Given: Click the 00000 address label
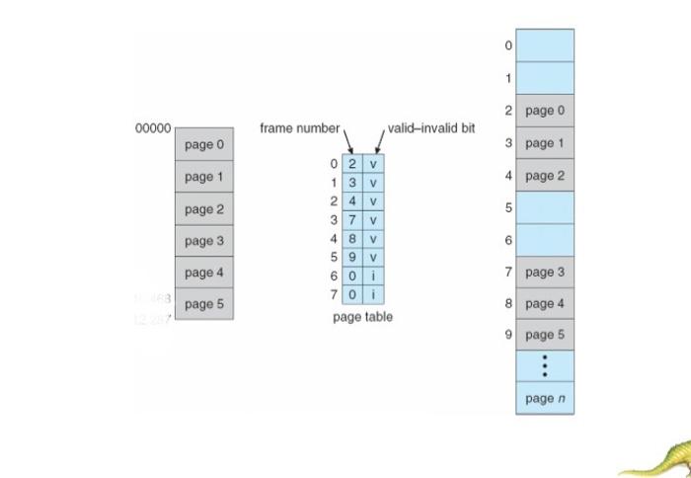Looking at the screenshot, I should (x=153, y=128).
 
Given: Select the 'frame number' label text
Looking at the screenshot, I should (x=299, y=128).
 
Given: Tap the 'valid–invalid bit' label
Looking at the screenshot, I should (x=431, y=128).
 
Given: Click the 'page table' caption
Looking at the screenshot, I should (x=362, y=317).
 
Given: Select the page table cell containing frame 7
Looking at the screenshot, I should (x=352, y=220).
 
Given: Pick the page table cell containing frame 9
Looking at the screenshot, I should (x=352, y=258).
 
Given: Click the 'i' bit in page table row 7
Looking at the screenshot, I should (x=374, y=295).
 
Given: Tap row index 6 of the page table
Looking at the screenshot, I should (x=334, y=277).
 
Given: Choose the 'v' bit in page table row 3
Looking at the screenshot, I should (x=374, y=220).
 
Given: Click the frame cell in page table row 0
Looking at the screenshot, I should (x=352, y=164).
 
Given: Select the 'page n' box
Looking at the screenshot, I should (x=544, y=398).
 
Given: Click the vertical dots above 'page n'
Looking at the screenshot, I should (x=544, y=365).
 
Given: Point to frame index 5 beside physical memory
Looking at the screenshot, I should (x=508, y=208).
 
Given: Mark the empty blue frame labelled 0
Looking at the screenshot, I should (x=544, y=45).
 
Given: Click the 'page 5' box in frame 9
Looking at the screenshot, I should (x=544, y=335).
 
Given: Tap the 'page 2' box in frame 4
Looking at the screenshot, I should (x=544, y=176).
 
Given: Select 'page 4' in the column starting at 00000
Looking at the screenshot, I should (x=204, y=273).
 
